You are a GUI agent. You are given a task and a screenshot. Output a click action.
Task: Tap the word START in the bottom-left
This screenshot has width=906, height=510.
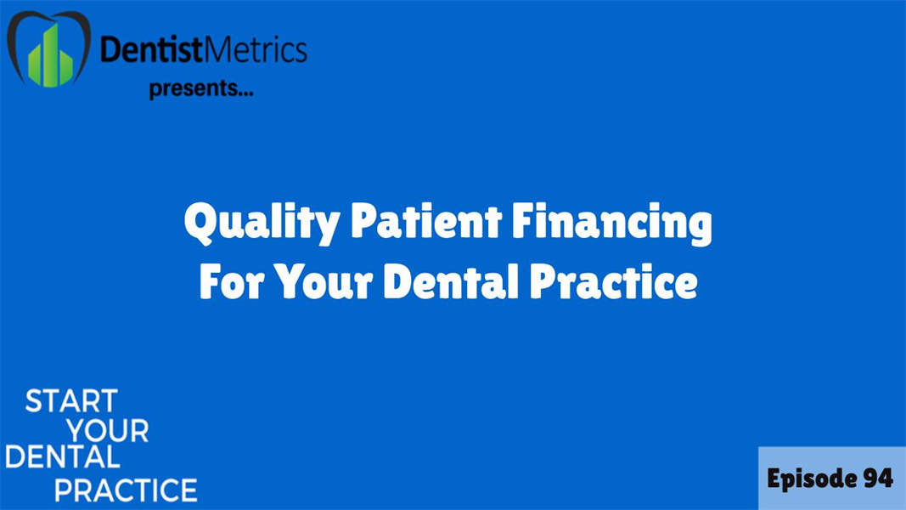point(71,401)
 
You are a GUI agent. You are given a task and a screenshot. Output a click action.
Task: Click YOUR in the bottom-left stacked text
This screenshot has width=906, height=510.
point(108,431)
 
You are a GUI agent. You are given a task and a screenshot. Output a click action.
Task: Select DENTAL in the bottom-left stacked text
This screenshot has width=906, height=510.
point(62,459)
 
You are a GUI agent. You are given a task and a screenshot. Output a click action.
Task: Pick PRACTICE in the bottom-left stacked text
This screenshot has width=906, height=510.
point(126,490)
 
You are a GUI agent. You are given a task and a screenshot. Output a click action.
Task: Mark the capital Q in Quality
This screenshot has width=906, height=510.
point(200,225)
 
